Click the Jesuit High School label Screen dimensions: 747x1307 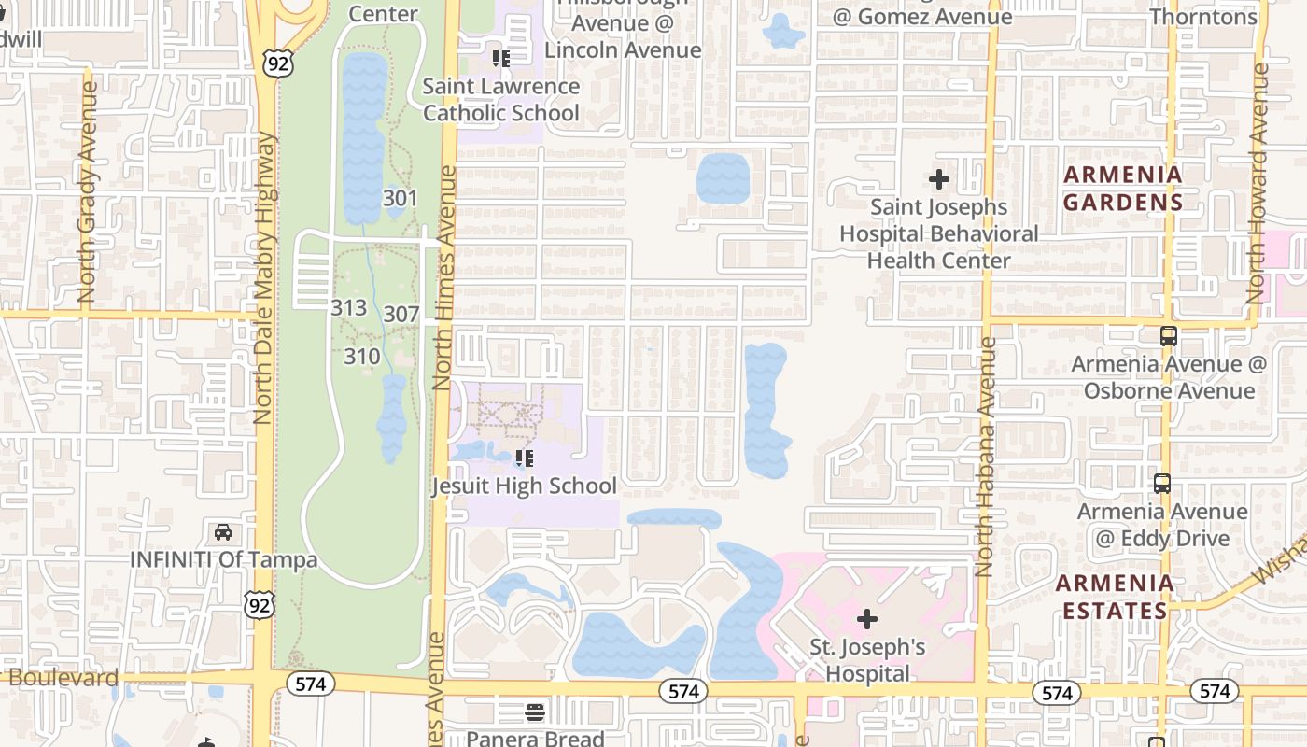524,486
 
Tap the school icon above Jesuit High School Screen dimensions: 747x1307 524,458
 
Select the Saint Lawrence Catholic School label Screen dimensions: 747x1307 501,100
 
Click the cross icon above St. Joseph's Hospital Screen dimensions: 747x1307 867,618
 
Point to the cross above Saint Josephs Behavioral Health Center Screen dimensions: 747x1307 939,178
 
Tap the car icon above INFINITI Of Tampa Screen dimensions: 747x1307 223,532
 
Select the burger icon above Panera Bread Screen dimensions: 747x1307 535,712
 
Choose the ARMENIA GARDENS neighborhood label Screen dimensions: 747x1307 1123,188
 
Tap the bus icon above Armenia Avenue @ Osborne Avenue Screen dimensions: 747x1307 1168,336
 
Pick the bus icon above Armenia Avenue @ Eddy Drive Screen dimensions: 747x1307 1162,484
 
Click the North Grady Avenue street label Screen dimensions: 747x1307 88,192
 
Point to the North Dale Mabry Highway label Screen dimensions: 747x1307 264,277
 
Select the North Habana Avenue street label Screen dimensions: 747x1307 986,457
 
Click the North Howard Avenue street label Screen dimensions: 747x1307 1258,183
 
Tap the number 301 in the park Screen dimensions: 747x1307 400,198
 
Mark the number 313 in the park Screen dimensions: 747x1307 348,307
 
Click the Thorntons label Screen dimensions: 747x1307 1203,17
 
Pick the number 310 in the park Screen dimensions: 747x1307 362,356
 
